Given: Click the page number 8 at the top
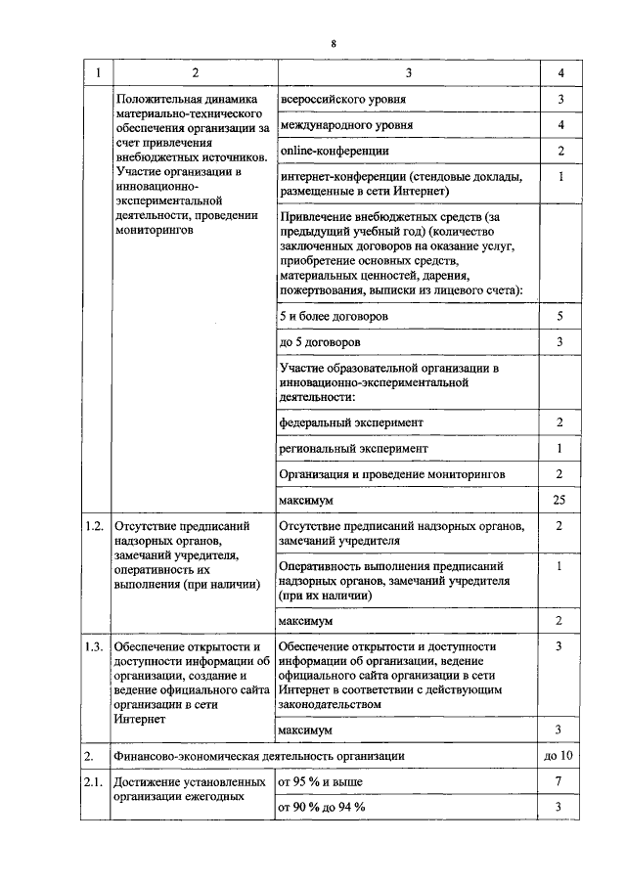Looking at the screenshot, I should tap(334, 45).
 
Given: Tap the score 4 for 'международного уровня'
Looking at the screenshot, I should tap(560, 125).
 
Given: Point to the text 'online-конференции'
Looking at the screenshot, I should tap(335, 151).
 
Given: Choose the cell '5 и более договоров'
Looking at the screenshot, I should tap(334, 317).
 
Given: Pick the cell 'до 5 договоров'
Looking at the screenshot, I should tap(319, 342).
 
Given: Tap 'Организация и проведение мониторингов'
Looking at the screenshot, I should tap(391, 473).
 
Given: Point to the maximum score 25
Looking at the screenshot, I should tap(560, 500).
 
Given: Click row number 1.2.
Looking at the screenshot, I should tap(94, 526).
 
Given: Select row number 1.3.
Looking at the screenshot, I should tap(94, 646).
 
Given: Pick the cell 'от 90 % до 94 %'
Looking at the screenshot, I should tap(322, 807).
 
